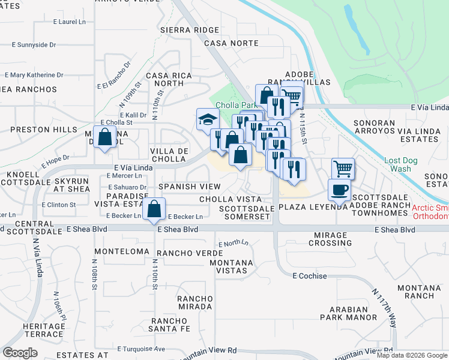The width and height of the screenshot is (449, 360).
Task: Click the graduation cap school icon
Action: pos(207,119)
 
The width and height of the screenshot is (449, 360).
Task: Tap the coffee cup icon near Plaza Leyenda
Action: pos(339,190)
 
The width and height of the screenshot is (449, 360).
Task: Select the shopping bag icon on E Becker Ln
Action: pos(155,209)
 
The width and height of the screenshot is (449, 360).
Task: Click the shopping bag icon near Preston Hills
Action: pos(105,136)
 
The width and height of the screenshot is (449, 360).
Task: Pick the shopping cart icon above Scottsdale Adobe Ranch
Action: pos(343,169)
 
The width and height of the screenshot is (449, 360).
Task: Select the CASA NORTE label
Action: pos(231,43)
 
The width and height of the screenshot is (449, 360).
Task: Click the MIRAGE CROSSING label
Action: pos(330,239)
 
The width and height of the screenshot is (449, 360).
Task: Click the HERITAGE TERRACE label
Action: pos(44,329)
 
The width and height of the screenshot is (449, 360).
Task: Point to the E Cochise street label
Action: pos(310,276)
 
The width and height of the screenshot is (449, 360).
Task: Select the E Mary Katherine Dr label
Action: pos(33,75)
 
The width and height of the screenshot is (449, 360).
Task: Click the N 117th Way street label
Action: pos(385,308)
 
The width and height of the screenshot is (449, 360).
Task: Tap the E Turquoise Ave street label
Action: pos(141,349)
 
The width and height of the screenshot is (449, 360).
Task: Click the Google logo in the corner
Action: pos(20,352)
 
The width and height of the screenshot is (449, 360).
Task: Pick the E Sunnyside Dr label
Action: pos(34,45)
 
